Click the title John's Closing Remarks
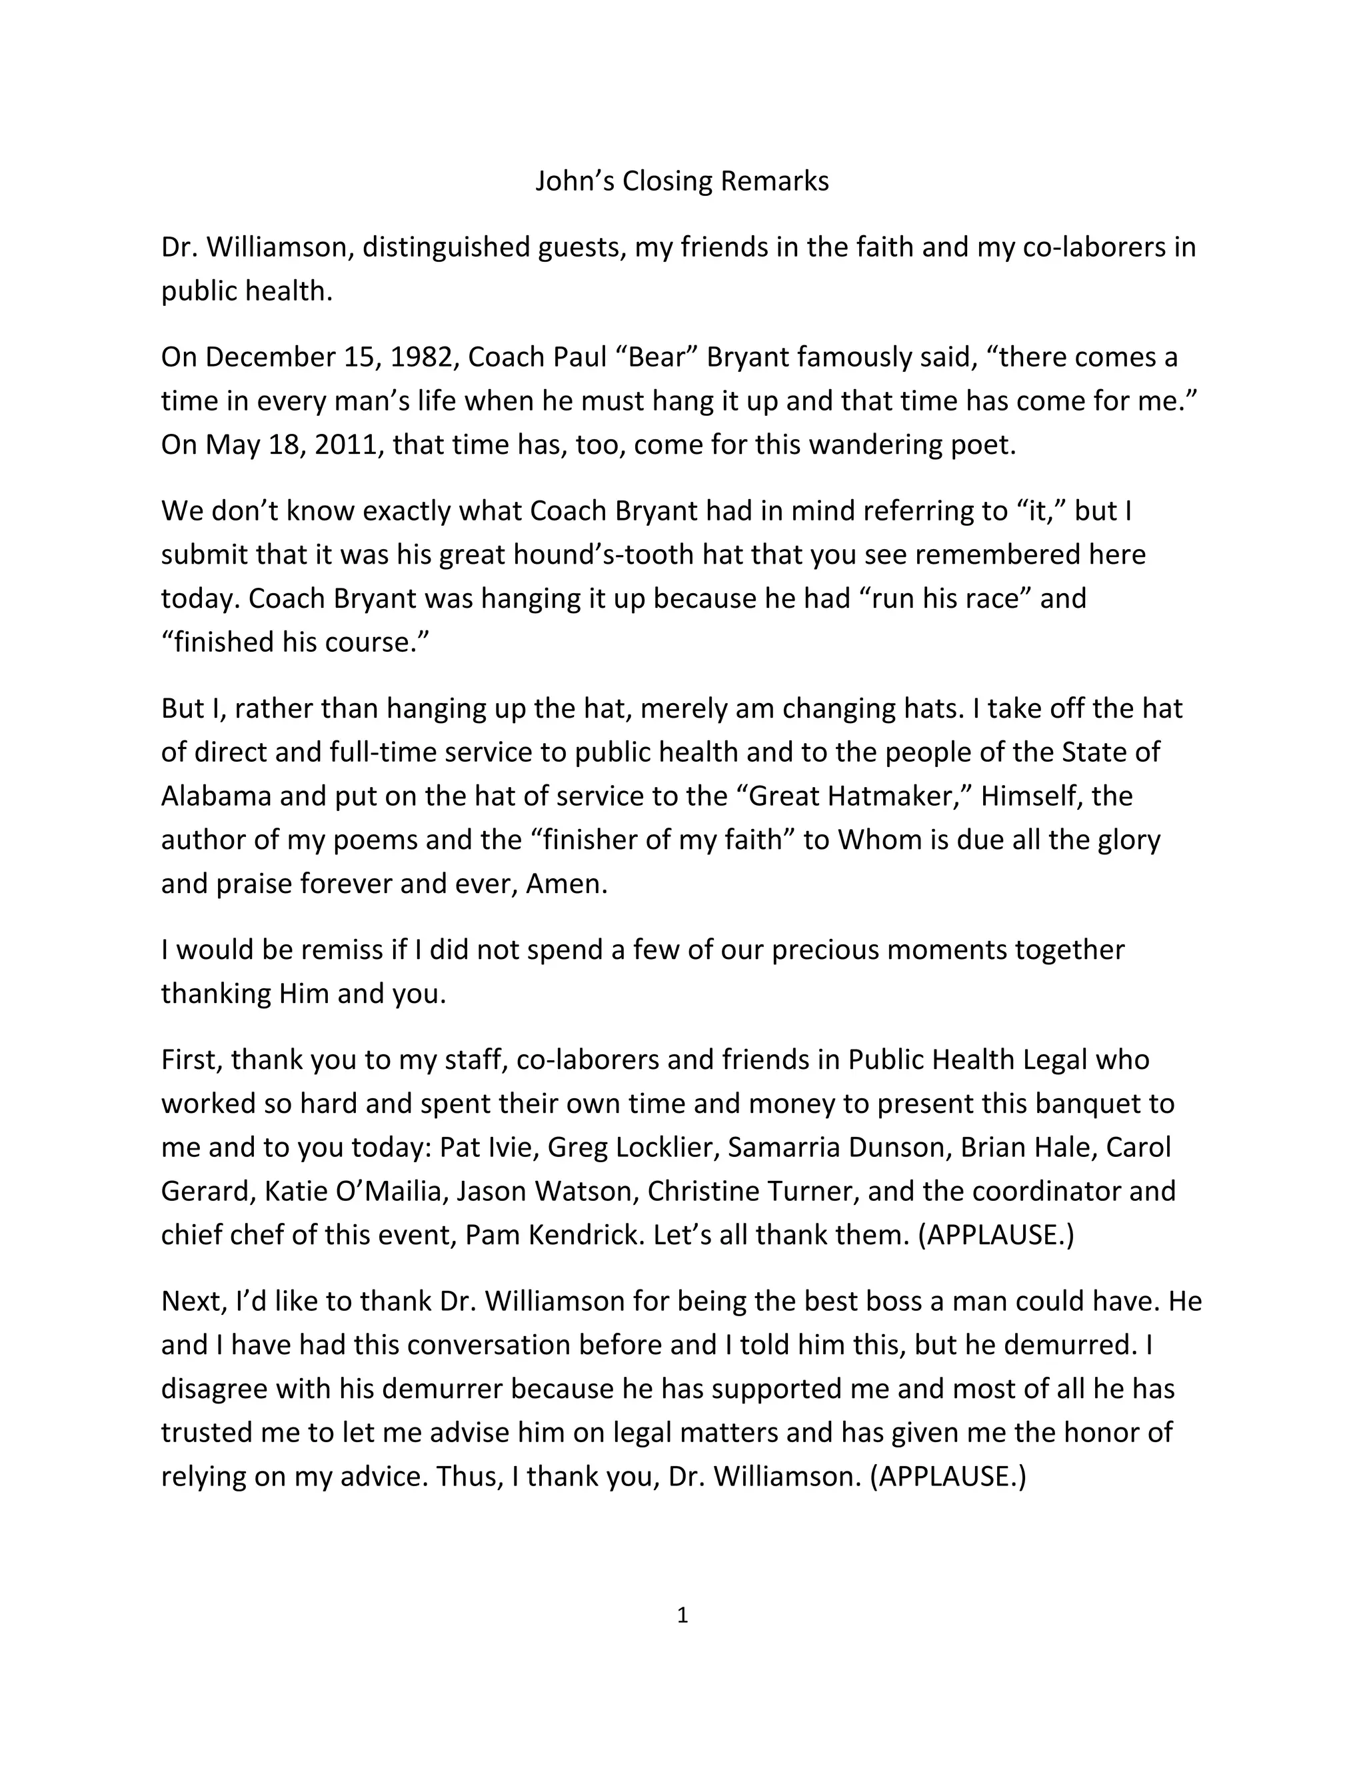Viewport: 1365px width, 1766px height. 682,181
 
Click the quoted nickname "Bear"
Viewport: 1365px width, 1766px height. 657,357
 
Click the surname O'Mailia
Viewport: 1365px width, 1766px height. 389,1191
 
